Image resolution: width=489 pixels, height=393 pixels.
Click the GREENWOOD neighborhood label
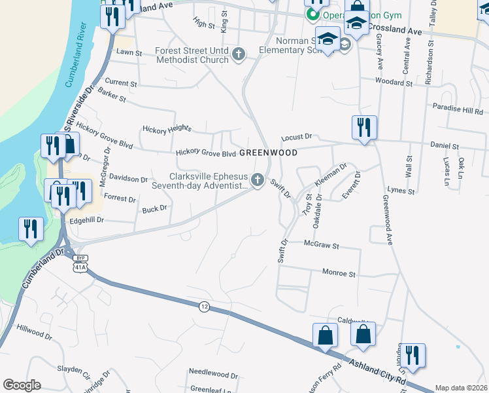click(x=268, y=153)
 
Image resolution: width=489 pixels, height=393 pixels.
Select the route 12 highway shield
click(x=204, y=307)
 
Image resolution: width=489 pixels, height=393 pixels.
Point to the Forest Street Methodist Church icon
click(x=239, y=54)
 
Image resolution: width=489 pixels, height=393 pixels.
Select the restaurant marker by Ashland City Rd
click(x=412, y=356)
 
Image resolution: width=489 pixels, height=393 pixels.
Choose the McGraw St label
click(x=322, y=246)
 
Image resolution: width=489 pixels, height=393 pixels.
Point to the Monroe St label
click(x=338, y=273)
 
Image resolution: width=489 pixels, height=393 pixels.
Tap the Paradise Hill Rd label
click(x=457, y=109)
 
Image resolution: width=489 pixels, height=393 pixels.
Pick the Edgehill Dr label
click(x=87, y=221)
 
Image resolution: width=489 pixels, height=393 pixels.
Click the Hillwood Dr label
click(x=34, y=331)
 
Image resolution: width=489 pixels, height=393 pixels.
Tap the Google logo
click(x=22, y=384)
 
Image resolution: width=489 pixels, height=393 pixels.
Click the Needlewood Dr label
click(x=213, y=375)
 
